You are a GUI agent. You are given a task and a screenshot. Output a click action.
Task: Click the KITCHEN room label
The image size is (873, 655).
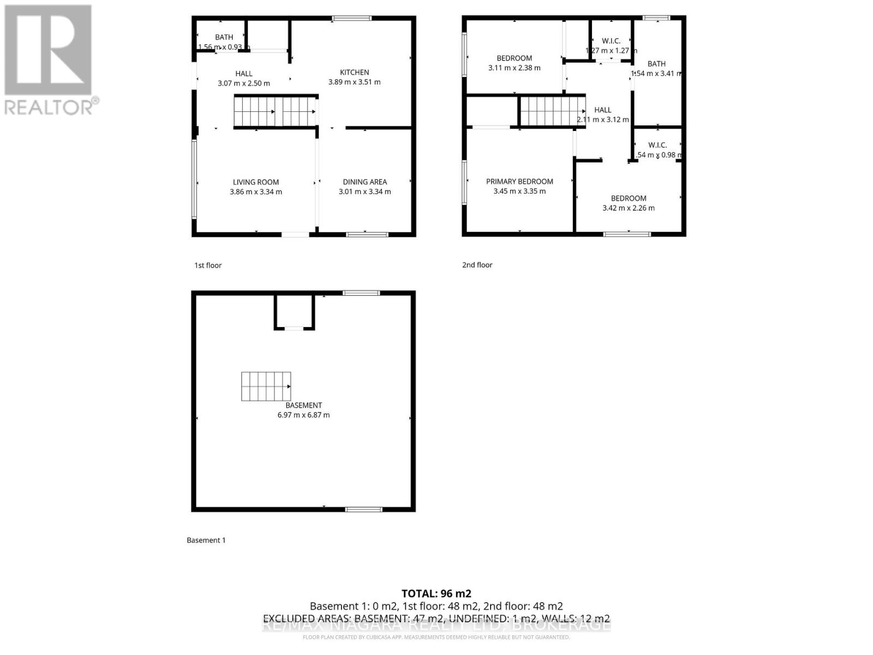click(354, 72)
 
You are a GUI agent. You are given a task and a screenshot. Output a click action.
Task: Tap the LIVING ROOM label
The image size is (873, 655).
click(256, 182)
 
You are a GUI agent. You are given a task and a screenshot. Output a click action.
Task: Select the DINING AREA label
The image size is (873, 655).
click(364, 182)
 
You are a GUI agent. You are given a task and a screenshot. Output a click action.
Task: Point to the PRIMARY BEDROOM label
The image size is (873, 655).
click(519, 181)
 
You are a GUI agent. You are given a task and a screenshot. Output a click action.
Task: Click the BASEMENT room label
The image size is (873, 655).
click(303, 405)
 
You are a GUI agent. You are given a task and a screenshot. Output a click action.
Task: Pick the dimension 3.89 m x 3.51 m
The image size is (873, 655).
click(354, 82)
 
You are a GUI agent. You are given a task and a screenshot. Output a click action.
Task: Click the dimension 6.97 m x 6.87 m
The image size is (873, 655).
click(303, 415)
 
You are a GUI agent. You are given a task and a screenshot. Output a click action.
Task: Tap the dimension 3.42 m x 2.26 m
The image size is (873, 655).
click(629, 208)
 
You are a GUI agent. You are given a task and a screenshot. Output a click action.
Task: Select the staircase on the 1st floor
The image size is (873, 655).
click(275, 111)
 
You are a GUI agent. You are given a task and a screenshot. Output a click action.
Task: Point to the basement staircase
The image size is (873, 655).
click(266, 386)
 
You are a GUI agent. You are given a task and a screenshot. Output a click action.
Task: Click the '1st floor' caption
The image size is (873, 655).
click(208, 265)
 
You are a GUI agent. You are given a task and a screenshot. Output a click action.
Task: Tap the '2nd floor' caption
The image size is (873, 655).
click(477, 265)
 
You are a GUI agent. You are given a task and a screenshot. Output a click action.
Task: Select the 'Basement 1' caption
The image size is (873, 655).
click(206, 540)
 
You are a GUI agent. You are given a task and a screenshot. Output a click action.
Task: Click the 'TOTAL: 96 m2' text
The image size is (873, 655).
click(436, 593)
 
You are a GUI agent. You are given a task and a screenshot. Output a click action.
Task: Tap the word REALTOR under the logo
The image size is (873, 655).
click(49, 106)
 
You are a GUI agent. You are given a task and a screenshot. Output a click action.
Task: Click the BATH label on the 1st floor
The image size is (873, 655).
click(224, 37)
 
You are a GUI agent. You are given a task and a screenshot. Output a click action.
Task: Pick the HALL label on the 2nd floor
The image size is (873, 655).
click(602, 110)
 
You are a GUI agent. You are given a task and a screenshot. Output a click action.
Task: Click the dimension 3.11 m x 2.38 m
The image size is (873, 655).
click(514, 68)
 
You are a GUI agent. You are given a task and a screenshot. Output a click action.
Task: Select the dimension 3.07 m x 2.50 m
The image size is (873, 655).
click(244, 84)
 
